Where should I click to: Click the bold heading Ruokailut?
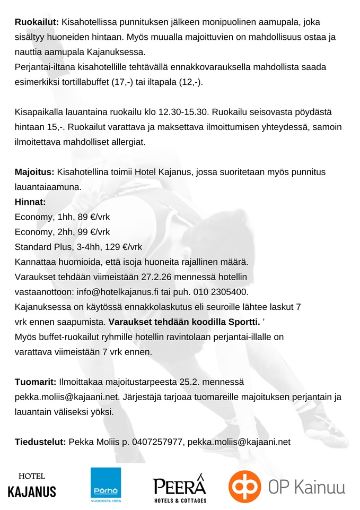37,22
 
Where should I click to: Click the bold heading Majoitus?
34,172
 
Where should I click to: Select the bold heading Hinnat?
31,202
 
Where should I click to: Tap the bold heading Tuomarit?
36,382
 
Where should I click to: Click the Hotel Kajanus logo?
32,486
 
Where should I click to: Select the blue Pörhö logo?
106,485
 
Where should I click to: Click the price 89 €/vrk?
93,217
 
